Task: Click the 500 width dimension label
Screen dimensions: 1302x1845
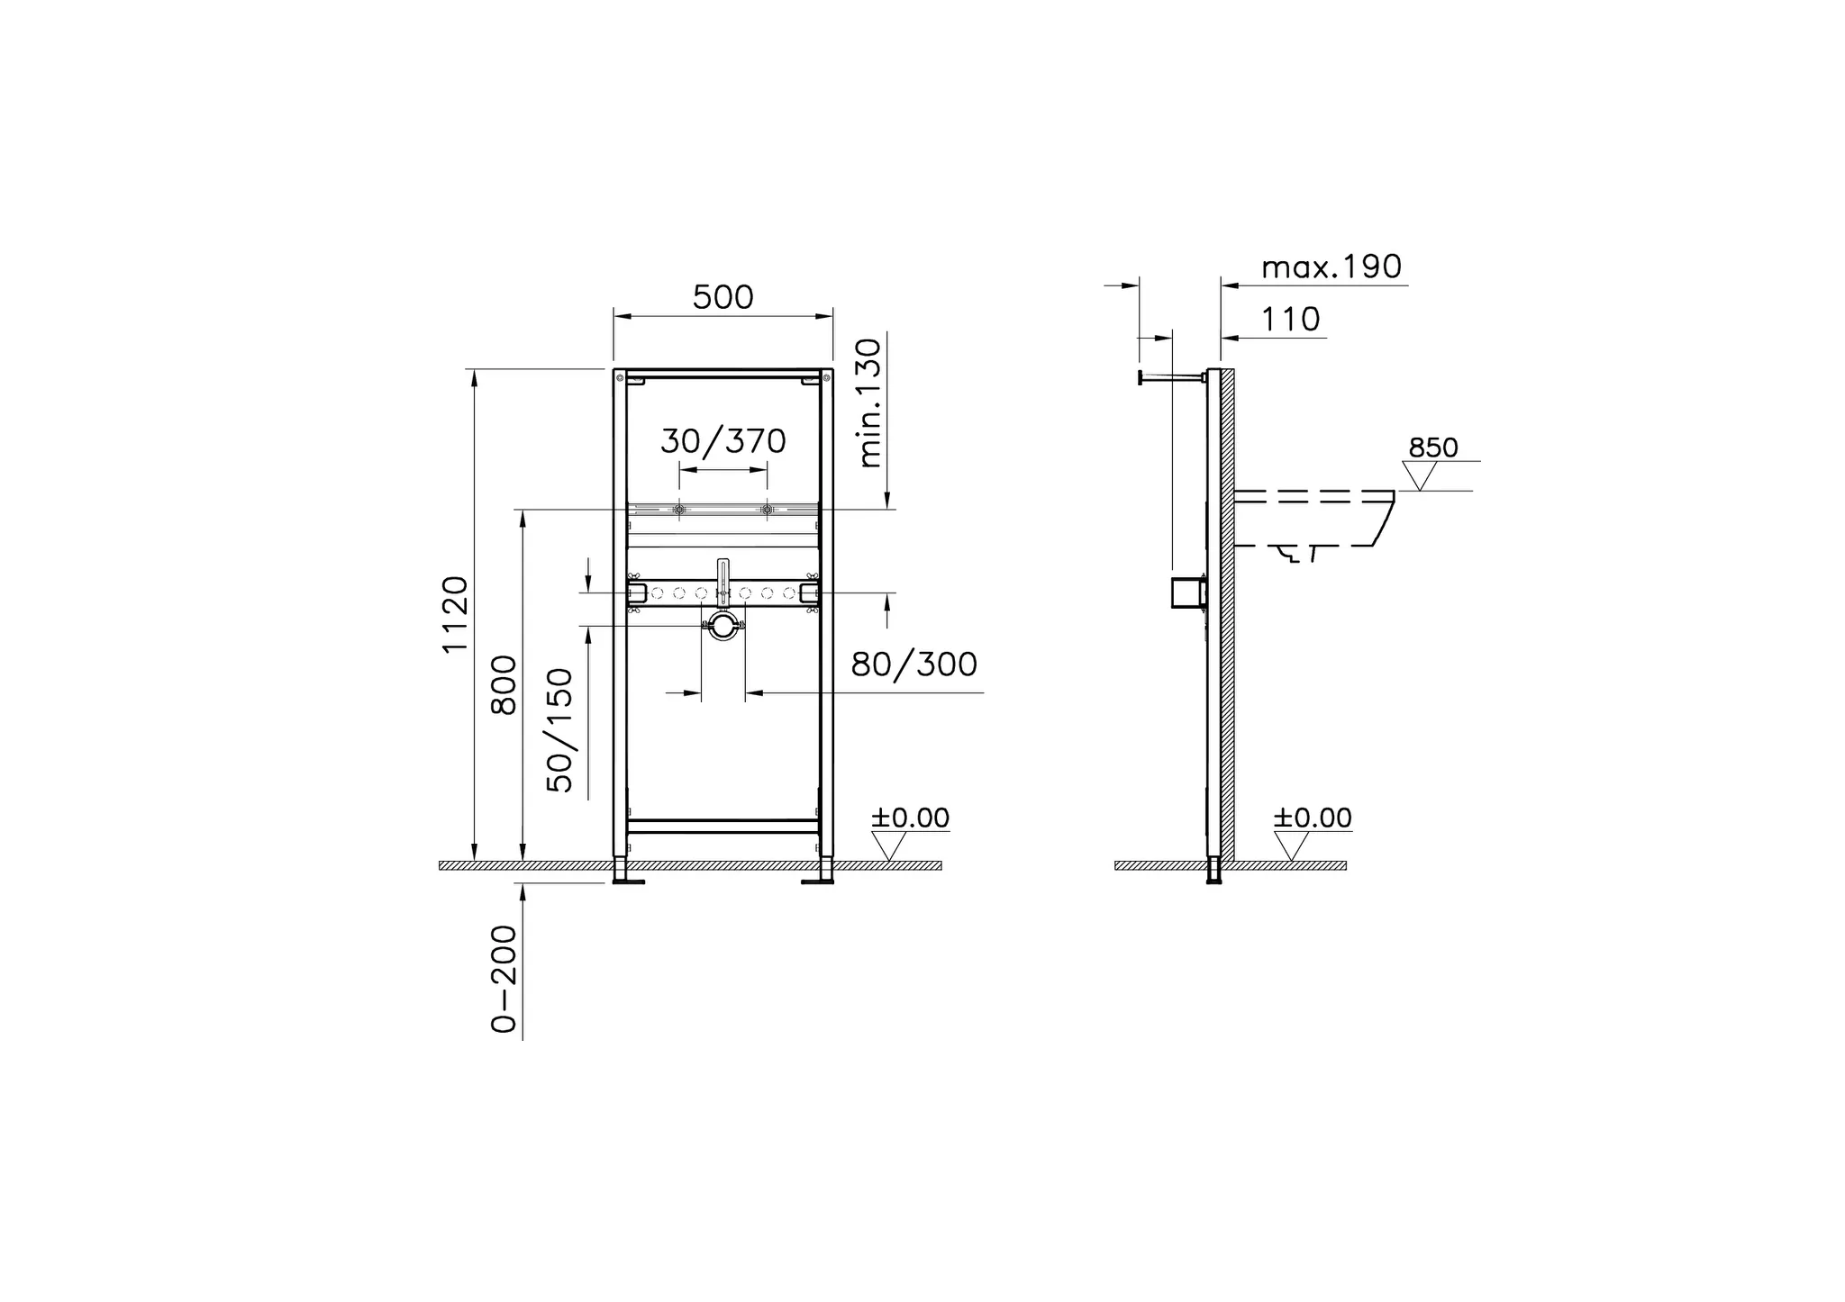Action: coord(723,297)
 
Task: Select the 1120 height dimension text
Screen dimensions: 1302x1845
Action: coord(456,614)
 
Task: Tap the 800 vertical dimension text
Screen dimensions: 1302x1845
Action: coord(504,685)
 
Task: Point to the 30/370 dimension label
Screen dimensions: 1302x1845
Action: coord(723,441)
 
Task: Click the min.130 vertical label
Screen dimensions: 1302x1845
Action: coord(869,402)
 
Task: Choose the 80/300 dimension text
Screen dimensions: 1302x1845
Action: coord(913,665)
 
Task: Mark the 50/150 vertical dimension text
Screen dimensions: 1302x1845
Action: coord(560,729)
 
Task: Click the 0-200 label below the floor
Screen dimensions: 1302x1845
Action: coord(504,979)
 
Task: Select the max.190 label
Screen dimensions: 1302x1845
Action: coord(1331,267)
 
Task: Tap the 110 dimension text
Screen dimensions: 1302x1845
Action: coord(1290,319)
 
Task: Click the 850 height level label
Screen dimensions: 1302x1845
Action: coord(1432,448)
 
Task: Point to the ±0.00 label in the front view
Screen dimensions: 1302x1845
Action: coord(910,818)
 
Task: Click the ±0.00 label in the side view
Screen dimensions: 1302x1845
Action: coord(1312,818)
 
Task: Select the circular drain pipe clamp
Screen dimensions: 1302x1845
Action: coord(723,626)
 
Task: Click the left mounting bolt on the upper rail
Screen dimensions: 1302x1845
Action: coord(679,511)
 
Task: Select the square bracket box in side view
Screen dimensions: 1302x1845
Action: coord(1187,592)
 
